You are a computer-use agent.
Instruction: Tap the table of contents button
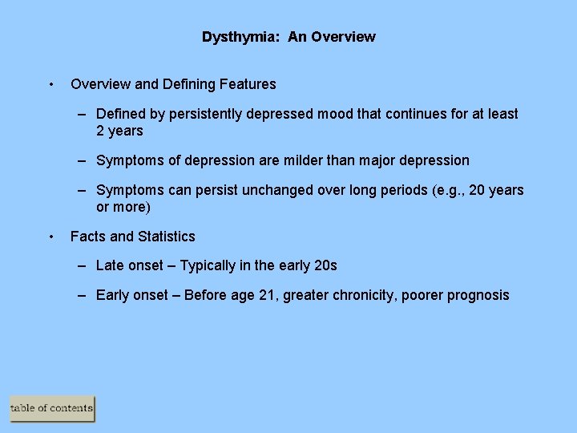[x=52, y=409]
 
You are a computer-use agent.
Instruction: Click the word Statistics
[x=166, y=237]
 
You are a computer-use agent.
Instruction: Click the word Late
[x=111, y=265]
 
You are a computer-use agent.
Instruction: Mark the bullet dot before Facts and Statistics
[x=51, y=237]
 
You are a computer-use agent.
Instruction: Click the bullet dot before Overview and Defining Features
[x=51, y=84]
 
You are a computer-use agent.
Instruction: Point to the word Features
[x=249, y=84]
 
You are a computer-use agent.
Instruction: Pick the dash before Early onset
[x=83, y=295]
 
